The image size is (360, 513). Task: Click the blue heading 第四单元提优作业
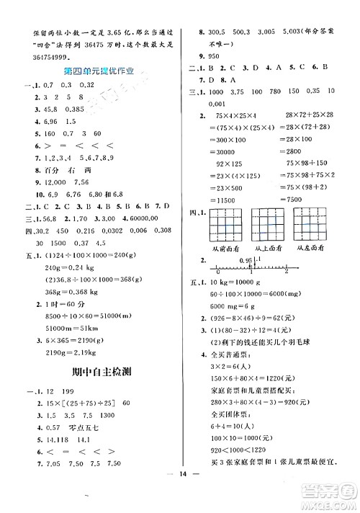[99, 71]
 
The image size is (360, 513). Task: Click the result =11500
[225, 197]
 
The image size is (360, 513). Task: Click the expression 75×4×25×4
[235, 116]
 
